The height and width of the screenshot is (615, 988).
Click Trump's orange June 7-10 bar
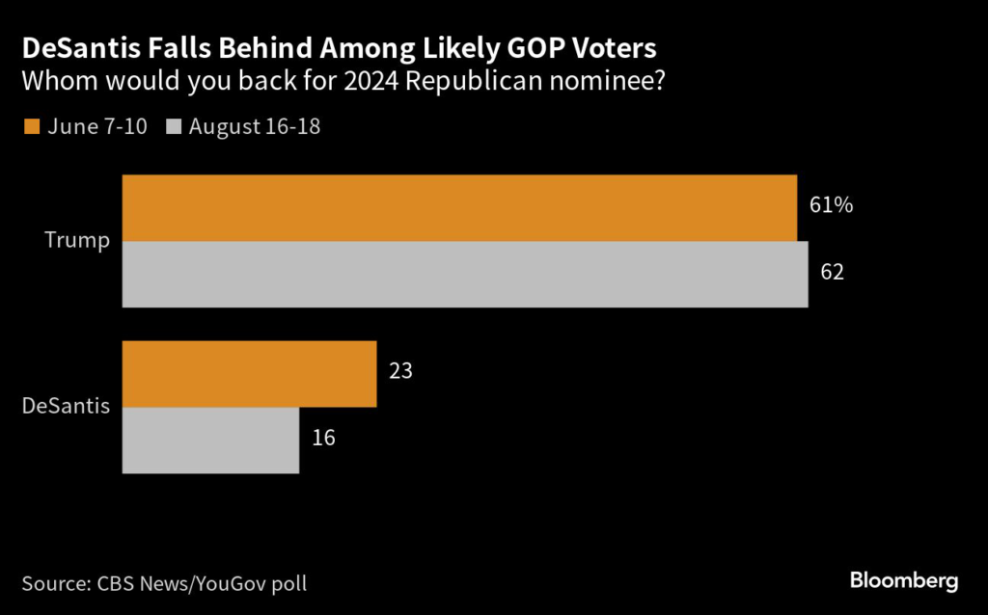tap(459, 208)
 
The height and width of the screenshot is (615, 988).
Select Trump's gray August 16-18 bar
tap(465, 274)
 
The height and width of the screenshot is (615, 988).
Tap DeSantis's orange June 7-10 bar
tap(249, 374)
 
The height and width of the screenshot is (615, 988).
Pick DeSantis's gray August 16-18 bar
tap(210, 440)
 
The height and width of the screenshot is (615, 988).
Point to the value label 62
tap(832, 272)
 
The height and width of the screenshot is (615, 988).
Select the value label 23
tap(401, 371)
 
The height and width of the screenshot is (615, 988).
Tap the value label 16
tap(324, 437)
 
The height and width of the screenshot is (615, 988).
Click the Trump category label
tap(77, 241)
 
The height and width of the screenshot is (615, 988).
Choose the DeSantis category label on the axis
tap(66, 406)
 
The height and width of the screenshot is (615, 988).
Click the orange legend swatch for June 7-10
tap(30, 126)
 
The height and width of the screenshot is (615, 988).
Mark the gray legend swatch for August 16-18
tap(174, 126)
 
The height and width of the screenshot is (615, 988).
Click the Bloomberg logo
tap(904, 580)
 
